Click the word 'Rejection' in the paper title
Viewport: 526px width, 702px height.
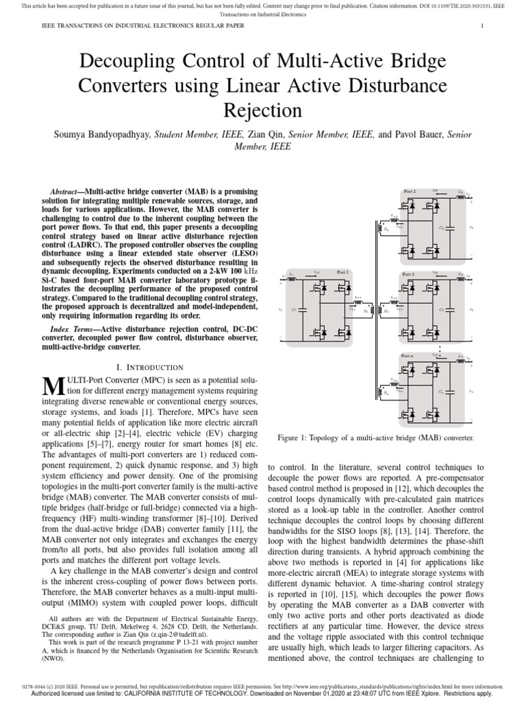coord(262,110)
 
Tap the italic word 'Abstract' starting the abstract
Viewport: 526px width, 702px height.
coord(67,190)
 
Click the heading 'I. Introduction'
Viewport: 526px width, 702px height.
coord(151,367)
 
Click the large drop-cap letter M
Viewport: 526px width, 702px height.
coord(53,385)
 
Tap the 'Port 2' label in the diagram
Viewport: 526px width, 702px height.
coord(410,190)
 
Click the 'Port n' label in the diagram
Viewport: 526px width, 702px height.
coord(408,356)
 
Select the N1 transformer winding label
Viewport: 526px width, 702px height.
coord(364,312)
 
